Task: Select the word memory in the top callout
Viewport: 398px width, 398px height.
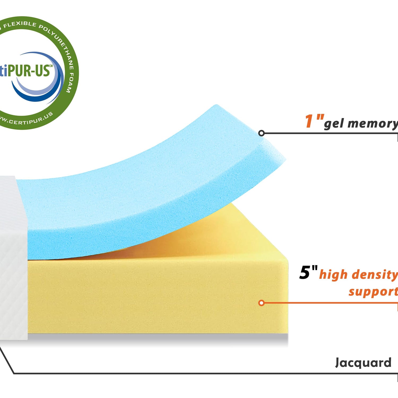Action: tap(373, 124)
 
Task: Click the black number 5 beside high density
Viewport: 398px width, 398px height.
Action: tap(305, 273)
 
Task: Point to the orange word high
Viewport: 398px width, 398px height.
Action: tap(333, 274)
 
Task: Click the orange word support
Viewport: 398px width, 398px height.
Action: tap(373, 291)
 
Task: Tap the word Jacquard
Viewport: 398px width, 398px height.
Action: tap(363, 362)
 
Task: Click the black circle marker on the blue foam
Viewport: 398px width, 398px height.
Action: tap(261, 133)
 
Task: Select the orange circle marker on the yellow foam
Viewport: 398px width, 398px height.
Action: tap(261, 303)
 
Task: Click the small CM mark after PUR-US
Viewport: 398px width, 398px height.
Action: tap(51, 66)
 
